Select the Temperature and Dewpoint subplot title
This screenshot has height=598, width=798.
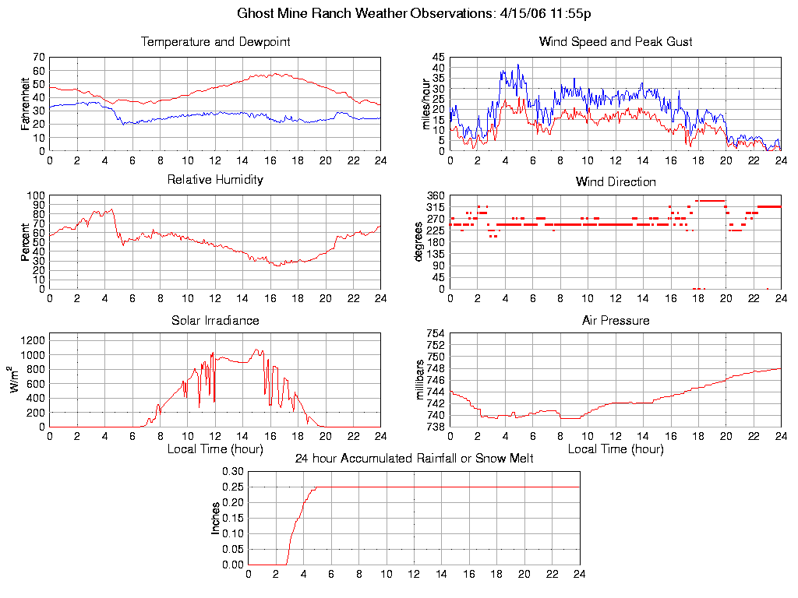(215, 42)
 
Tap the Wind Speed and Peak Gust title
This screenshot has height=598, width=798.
(616, 42)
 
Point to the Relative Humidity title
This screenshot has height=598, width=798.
(215, 180)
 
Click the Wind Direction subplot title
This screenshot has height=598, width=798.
(616, 181)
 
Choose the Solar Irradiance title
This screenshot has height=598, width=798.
(215, 320)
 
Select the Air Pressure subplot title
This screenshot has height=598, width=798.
(616, 320)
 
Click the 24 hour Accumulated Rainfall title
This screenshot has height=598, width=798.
(414, 459)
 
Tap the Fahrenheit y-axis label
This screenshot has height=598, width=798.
(26, 104)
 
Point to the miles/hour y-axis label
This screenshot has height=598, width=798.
(426, 104)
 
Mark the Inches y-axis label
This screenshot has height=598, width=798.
(216, 518)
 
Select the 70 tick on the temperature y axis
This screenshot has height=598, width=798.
(38, 58)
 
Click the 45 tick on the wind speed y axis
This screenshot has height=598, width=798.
(438, 58)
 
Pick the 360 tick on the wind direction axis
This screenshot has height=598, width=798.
(435, 195)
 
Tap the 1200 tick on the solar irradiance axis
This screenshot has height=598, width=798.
(34, 340)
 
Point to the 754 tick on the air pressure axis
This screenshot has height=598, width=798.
(435, 334)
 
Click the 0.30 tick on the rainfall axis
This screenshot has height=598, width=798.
(232, 472)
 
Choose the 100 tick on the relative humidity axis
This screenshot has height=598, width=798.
(35, 195)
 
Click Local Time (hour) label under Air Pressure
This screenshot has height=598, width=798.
(616, 448)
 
